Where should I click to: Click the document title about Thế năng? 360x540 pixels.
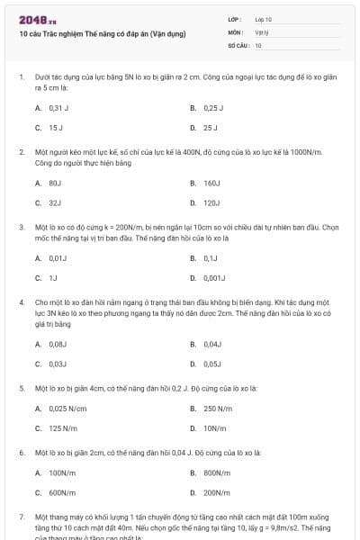[x=102, y=33]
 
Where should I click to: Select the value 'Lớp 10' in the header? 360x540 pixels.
[x=263, y=19]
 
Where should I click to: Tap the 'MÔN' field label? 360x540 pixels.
[x=236, y=31]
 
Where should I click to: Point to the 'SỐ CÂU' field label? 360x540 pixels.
[x=238, y=44]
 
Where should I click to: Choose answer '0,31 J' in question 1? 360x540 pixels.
[x=58, y=107]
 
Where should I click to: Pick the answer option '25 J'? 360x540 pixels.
[x=211, y=128]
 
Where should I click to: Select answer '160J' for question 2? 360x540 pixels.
[x=212, y=183]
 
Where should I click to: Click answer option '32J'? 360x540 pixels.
[x=55, y=202]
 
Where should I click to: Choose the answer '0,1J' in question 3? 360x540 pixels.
[x=210, y=257]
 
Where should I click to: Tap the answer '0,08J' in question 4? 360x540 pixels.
[x=58, y=344]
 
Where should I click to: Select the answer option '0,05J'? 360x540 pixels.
[x=212, y=364]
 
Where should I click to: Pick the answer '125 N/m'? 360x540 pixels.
[x=61, y=428]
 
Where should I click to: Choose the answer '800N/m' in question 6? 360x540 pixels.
[x=217, y=472]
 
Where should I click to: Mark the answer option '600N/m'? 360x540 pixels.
[x=61, y=492]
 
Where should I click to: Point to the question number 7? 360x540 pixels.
[x=22, y=518]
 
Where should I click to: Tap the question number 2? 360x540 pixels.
[x=22, y=152]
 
